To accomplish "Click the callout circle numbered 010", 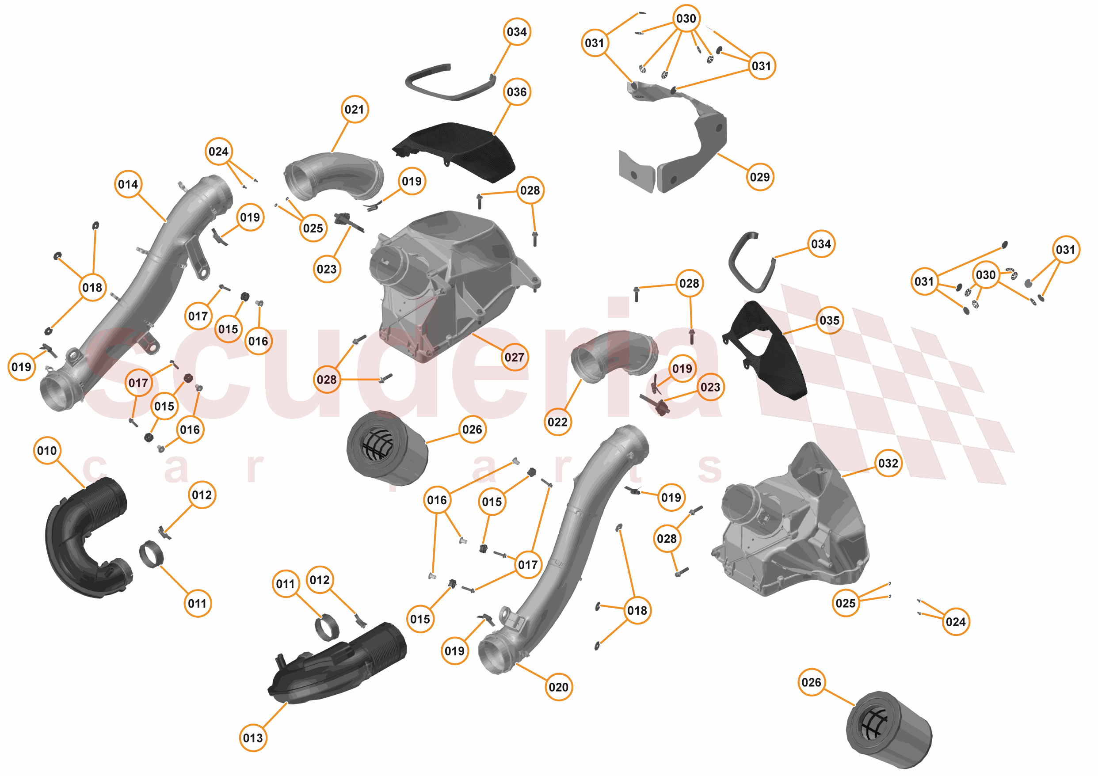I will coord(47,450).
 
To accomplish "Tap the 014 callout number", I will coord(128,184).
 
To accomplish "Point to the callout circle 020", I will coord(559,687).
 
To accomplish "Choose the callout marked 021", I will coord(355,110).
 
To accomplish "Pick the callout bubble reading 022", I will coord(557,422).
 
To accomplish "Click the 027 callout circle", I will coord(515,357).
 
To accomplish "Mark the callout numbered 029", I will coord(760,177).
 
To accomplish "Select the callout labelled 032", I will coord(888,463).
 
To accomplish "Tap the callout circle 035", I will coord(830,320).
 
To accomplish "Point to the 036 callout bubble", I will coord(517,92).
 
